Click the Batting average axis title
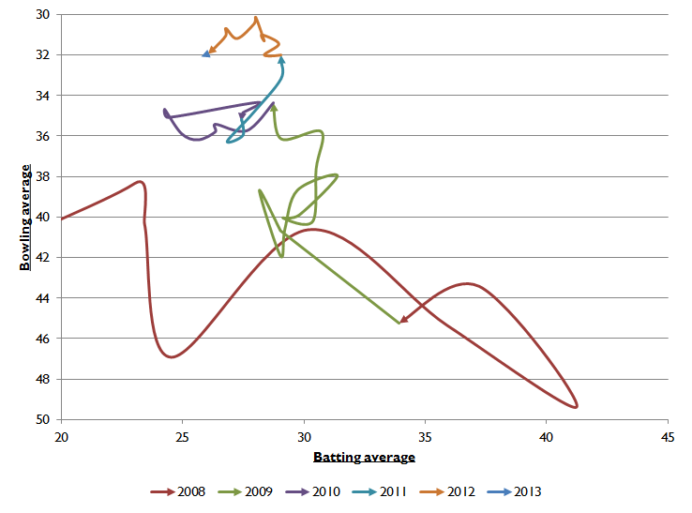click(x=364, y=457)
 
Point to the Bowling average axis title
click(x=25, y=218)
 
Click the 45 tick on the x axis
click(x=668, y=436)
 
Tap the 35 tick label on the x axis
click(x=425, y=436)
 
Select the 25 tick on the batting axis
click(x=182, y=436)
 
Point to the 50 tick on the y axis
click(x=43, y=419)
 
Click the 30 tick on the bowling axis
click(x=43, y=15)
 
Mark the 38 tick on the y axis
click(x=43, y=176)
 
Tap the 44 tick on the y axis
click(x=43, y=298)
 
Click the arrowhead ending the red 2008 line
click(x=403, y=320)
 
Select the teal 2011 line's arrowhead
click(x=281, y=60)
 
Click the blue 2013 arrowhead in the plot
click(x=205, y=54)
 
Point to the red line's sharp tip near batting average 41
click(x=576, y=405)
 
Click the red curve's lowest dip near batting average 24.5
click(x=170, y=356)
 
